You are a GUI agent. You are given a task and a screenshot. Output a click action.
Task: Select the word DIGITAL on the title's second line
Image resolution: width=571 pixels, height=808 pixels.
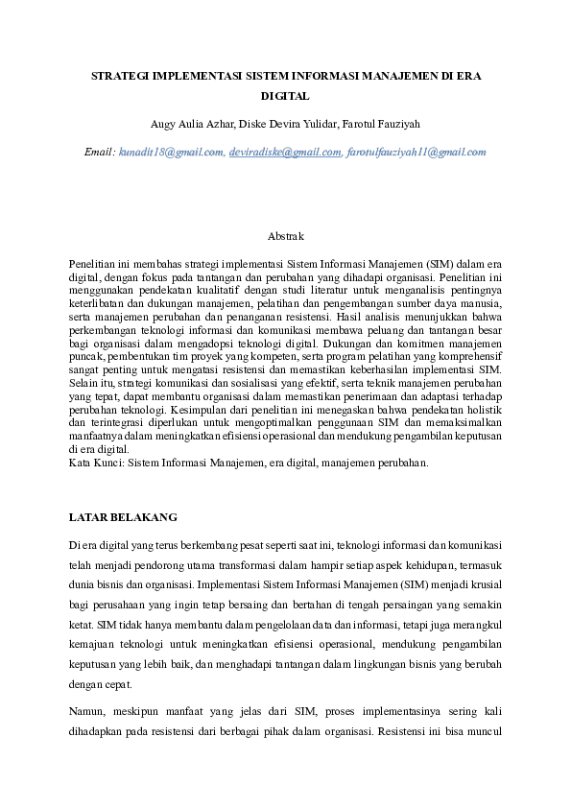coord(285,97)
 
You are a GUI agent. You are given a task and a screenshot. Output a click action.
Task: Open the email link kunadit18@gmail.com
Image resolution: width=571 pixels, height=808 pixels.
coord(172,152)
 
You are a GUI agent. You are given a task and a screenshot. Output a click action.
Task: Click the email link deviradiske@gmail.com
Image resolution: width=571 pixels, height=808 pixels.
coord(285,152)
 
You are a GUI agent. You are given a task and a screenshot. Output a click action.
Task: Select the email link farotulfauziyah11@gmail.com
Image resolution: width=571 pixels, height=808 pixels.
coord(416,152)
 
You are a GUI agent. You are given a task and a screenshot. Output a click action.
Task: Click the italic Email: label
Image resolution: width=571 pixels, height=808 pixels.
coord(99,152)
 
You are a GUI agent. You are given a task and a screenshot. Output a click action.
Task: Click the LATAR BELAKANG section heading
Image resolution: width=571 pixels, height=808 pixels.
coord(123,517)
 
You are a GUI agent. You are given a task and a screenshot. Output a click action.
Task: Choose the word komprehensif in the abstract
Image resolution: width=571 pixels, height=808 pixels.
coord(467,355)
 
